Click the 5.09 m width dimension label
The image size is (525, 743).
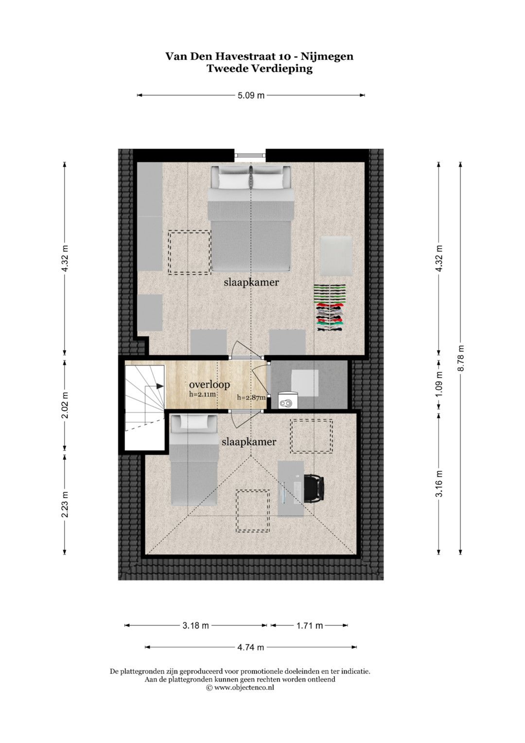click(x=251, y=95)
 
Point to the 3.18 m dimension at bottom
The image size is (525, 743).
click(x=195, y=626)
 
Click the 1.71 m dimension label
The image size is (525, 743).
click(x=310, y=626)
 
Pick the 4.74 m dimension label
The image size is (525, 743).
click(x=251, y=647)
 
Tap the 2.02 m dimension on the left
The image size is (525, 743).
click(x=65, y=405)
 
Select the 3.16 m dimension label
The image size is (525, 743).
click(x=439, y=484)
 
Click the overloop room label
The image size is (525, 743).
click(x=210, y=385)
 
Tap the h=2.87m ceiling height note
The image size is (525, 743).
click(x=252, y=398)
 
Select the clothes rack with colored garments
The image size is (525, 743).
click(x=330, y=308)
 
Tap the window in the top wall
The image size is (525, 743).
click(x=250, y=154)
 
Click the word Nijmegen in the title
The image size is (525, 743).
click(x=327, y=57)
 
